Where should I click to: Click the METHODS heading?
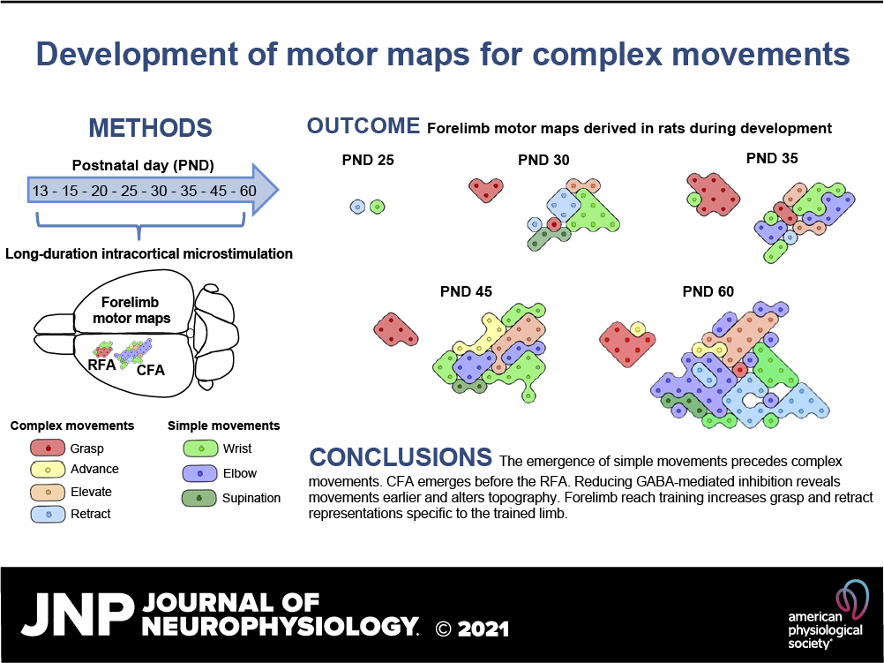coord(151,128)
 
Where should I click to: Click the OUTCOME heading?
coord(363,126)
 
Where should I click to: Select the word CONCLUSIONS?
coord(401,457)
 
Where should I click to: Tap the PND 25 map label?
coord(368,161)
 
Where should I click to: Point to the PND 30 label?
coord(543,161)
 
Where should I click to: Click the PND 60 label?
coord(708,291)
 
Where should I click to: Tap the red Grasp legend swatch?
coord(48,448)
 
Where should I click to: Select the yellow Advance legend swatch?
coord(48,470)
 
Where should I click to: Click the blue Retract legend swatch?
coord(48,514)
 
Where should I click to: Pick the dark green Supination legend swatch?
coord(199,498)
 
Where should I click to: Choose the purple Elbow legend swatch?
coord(199,473)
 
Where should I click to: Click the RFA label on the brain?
coord(101,365)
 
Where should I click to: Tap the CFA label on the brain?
coord(151,370)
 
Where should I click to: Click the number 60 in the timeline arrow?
coord(248,191)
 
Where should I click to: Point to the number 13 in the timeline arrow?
coord(40,191)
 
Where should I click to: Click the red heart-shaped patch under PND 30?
coord(486,188)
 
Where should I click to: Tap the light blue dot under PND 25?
coord(357,207)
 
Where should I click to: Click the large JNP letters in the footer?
coord(78,614)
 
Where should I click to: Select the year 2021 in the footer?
coord(483,629)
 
